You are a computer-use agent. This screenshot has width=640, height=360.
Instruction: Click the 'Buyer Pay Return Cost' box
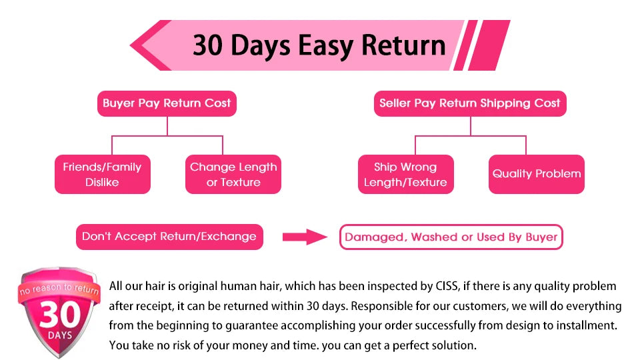click(x=167, y=103)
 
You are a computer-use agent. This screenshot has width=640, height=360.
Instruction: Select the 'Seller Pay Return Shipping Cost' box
click(x=470, y=103)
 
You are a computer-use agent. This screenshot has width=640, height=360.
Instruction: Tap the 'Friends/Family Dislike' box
click(x=103, y=174)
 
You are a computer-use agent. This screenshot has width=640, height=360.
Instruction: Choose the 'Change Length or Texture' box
click(x=233, y=174)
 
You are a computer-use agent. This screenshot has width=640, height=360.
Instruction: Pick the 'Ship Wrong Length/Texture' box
click(x=406, y=174)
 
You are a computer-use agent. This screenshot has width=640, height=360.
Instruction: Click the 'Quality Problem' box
click(x=536, y=174)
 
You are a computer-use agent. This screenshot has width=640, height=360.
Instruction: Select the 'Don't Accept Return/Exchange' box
click(x=169, y=237)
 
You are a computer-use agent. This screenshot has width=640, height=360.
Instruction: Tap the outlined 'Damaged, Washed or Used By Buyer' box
click(x=451, y=237)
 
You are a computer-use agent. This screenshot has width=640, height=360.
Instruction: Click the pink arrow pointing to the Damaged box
click(x=305, y=237)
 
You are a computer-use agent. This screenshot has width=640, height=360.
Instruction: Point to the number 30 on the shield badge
click(x=60, y=315)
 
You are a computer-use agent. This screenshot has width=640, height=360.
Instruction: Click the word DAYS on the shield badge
click(x=60, y=335)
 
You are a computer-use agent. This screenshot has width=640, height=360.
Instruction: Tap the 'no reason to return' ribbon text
click(x=59, y=289)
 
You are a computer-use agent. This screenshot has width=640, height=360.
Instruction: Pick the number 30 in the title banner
click(x=208, y=45)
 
